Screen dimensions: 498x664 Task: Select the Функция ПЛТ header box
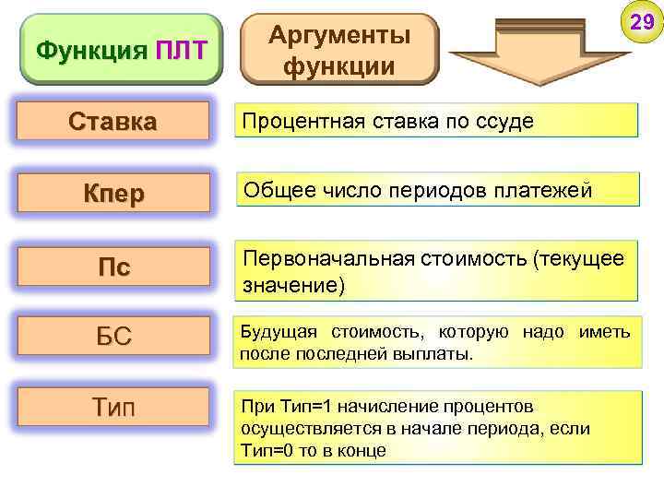point(121,50)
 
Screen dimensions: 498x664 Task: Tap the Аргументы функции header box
point(338,50)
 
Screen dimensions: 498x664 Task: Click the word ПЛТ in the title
point(182,50)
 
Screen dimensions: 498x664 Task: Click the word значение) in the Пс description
point(293,287)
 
